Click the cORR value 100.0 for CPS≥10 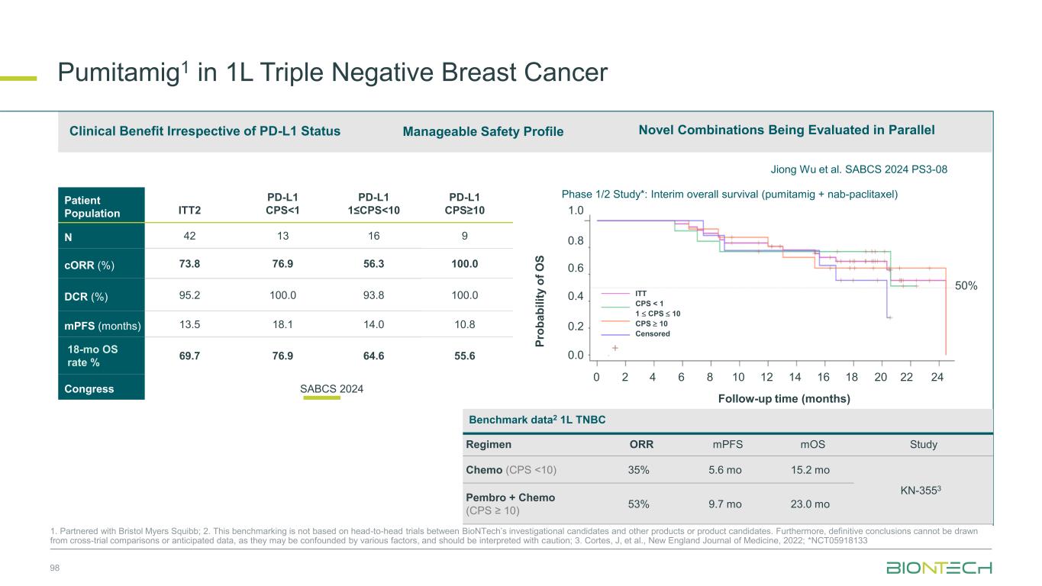464,264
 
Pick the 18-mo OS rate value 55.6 464,356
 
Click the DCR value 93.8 373,295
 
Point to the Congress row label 89,389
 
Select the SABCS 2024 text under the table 331,389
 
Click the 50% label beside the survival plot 966,285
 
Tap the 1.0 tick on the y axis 576,211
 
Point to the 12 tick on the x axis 767,376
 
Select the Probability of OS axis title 540,301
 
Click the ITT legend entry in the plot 640,292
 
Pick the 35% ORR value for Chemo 639,470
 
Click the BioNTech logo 939,568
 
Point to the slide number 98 54,568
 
